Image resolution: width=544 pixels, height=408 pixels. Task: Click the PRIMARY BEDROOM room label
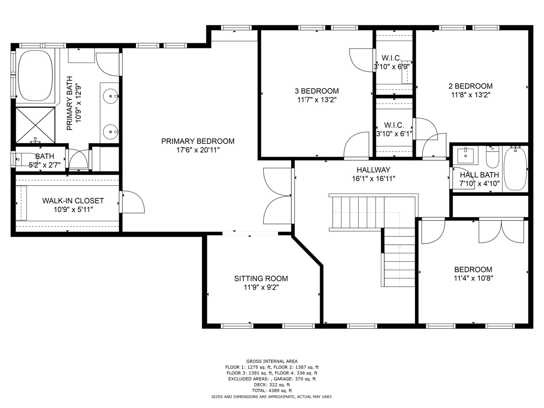(x=198, y=141)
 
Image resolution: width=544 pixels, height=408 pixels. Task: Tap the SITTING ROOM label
(x=261, y=279)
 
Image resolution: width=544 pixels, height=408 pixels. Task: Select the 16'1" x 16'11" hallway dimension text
(x=373, y=178)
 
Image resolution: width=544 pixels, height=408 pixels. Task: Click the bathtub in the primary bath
(x=35, y=76)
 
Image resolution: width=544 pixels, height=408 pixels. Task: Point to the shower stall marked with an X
(x=35, y=125)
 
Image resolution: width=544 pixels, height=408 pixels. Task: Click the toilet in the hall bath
(x=493, y=157)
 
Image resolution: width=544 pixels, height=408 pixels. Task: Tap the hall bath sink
(x=466, y=155)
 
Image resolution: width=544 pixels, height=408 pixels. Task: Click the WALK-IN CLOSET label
(x=73, y=201)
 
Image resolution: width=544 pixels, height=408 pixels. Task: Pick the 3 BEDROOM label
(x=317, y=91)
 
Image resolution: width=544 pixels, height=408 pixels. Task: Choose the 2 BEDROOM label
(x=471, y=86)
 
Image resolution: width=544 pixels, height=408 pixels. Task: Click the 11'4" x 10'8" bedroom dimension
(x=473, y=278)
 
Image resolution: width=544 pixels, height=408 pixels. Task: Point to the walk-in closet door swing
(x=133, y=202)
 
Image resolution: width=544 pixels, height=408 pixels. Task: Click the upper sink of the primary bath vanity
(x=110, y=96)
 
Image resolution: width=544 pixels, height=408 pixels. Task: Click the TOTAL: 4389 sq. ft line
(x=272, y=391)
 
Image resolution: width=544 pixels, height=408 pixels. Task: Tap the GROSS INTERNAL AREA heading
(x=272, y=361)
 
